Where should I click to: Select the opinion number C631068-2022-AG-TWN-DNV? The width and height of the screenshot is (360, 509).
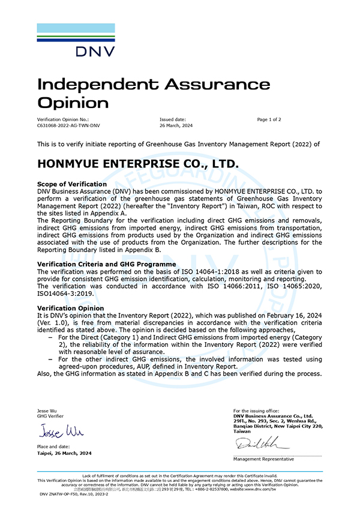click(x=68, y=126)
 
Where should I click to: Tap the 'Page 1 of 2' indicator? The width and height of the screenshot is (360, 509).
click(x=269, y=119)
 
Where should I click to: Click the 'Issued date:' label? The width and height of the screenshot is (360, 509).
click(x=173, y=119)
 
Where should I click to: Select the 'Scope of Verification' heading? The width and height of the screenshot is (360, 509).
click(x=72, y=184)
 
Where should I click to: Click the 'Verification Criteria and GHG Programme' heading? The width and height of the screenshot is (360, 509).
click(x=106, y=264)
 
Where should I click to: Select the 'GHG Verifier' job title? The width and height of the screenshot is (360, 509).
click(x=50, y=416)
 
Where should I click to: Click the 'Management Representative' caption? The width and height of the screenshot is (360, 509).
click(x=263, y=459)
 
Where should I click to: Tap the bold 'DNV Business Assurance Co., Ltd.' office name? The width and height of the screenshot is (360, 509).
click(x=273, y=415)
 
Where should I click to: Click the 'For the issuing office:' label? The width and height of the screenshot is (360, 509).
click(x=256, y=411)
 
